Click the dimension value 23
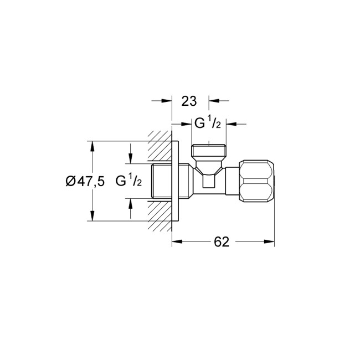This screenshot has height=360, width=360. [x=189, y=101]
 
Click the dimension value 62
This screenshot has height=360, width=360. [x=222, y=242]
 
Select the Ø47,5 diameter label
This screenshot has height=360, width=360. [x=85, y=181]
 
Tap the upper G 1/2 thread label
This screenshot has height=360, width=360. [x=208, y=124]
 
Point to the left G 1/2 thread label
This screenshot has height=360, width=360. [x=128, y=181]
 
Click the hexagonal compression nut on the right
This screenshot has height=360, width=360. [x=256, y=181]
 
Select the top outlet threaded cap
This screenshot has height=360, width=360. [x=209, y=151]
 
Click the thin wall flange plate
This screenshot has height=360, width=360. [x=175, y=181]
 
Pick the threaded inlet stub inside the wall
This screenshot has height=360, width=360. [x=162, y=181]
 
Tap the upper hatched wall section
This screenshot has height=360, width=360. [x=160, y=146]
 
